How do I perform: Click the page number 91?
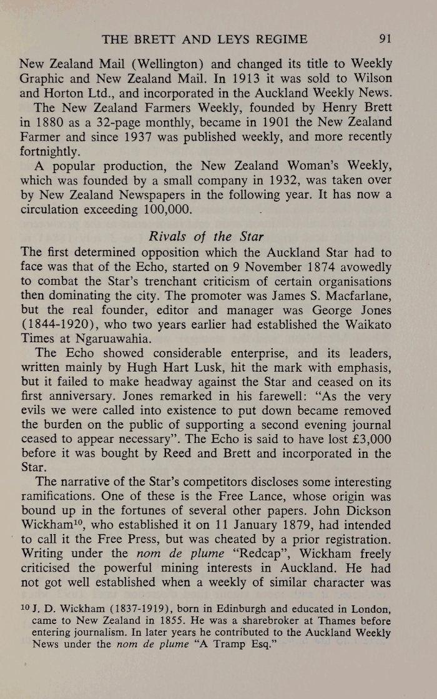[x=385, y=40]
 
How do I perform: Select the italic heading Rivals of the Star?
[x=205, y=237]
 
